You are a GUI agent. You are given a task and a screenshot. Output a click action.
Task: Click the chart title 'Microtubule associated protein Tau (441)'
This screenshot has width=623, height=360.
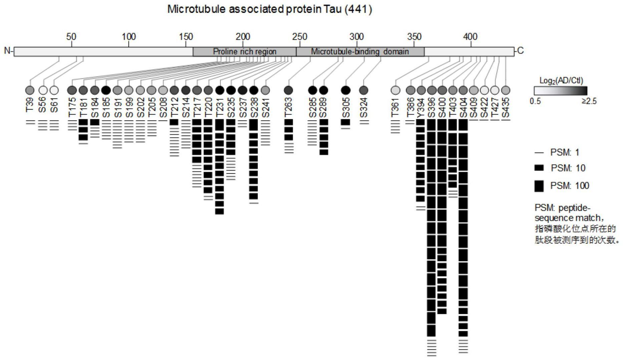click(x=269, y=9)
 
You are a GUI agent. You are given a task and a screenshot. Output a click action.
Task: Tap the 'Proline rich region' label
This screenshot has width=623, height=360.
click(x=245, y=51)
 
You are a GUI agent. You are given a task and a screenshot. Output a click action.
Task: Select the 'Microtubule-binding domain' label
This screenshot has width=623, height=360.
click(x=360, y=51)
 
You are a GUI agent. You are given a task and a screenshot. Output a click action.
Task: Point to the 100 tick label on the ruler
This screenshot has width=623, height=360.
click(x=129, y=36)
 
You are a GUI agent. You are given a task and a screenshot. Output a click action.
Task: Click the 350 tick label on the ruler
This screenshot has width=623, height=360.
click(x=414, y=36)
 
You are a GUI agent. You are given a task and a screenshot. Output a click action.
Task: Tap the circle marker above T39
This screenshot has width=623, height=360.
click(x=30, y=90)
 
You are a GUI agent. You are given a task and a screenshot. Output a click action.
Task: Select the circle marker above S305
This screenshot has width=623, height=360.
click(x=346, y=90)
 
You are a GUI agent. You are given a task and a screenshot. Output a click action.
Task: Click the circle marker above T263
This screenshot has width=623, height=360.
click(x=288, y=90)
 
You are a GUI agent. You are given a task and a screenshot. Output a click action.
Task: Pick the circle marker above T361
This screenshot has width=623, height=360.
click(x=395, y=90)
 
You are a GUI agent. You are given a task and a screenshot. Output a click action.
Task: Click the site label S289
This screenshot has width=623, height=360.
click(x=323, y=108)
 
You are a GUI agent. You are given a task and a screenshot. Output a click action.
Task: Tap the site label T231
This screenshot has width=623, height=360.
click(x=220, y=108)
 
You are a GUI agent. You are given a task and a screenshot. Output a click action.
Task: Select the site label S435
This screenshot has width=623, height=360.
click(x=506, y=108)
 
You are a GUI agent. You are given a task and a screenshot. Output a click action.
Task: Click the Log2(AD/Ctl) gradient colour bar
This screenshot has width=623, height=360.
click(x=560, y=91)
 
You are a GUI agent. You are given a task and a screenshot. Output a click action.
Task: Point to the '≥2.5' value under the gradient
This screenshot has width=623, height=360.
click(x=589, y=101)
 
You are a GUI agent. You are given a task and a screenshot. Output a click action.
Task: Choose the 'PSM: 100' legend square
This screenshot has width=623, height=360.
click(x=539, y=186)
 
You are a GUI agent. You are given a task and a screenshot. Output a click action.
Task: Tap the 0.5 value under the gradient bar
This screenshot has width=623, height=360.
click(x=535, y=101)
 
